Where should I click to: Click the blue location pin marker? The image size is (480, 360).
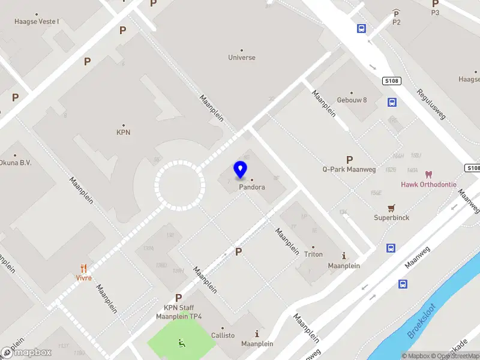241,170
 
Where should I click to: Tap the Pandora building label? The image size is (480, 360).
252,187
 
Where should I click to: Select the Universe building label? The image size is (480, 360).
242,58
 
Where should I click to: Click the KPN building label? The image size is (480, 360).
123,133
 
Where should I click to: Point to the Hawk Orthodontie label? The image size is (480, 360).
428,184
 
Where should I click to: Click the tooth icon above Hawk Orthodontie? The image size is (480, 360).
428,175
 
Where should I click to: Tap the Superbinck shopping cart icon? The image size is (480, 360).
392,208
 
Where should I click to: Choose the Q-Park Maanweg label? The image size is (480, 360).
349,169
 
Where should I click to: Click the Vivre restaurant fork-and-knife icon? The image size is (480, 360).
83,269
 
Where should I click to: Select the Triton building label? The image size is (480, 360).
313,254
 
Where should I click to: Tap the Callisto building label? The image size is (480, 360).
223,335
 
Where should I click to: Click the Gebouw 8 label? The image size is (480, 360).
352,100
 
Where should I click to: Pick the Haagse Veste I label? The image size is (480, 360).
37,22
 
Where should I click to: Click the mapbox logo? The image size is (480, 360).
26,353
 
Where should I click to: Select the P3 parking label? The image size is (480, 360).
435,12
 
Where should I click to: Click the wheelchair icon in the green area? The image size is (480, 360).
181,343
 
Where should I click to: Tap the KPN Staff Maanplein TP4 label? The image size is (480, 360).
179,312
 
